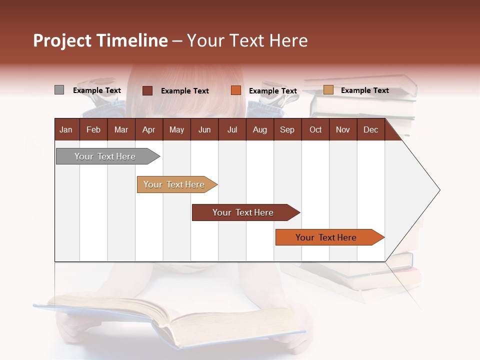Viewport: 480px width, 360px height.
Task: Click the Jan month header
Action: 66,129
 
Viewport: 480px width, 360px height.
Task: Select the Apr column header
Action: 148,129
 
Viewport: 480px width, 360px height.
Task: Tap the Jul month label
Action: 232,129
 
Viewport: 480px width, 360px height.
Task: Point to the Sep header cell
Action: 287,129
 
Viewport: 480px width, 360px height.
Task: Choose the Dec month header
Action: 370,129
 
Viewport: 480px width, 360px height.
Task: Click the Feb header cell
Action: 93,129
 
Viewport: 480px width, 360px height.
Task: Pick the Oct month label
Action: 315,129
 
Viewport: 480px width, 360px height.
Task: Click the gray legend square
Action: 59,90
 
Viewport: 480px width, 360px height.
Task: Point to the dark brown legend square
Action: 147,90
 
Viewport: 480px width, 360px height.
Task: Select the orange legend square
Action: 236,90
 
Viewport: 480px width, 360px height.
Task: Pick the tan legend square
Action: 328,90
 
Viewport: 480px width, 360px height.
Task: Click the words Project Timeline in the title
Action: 100,40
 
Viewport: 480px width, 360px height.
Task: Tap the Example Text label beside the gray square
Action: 97,90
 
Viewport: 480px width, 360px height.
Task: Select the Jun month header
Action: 204,129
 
